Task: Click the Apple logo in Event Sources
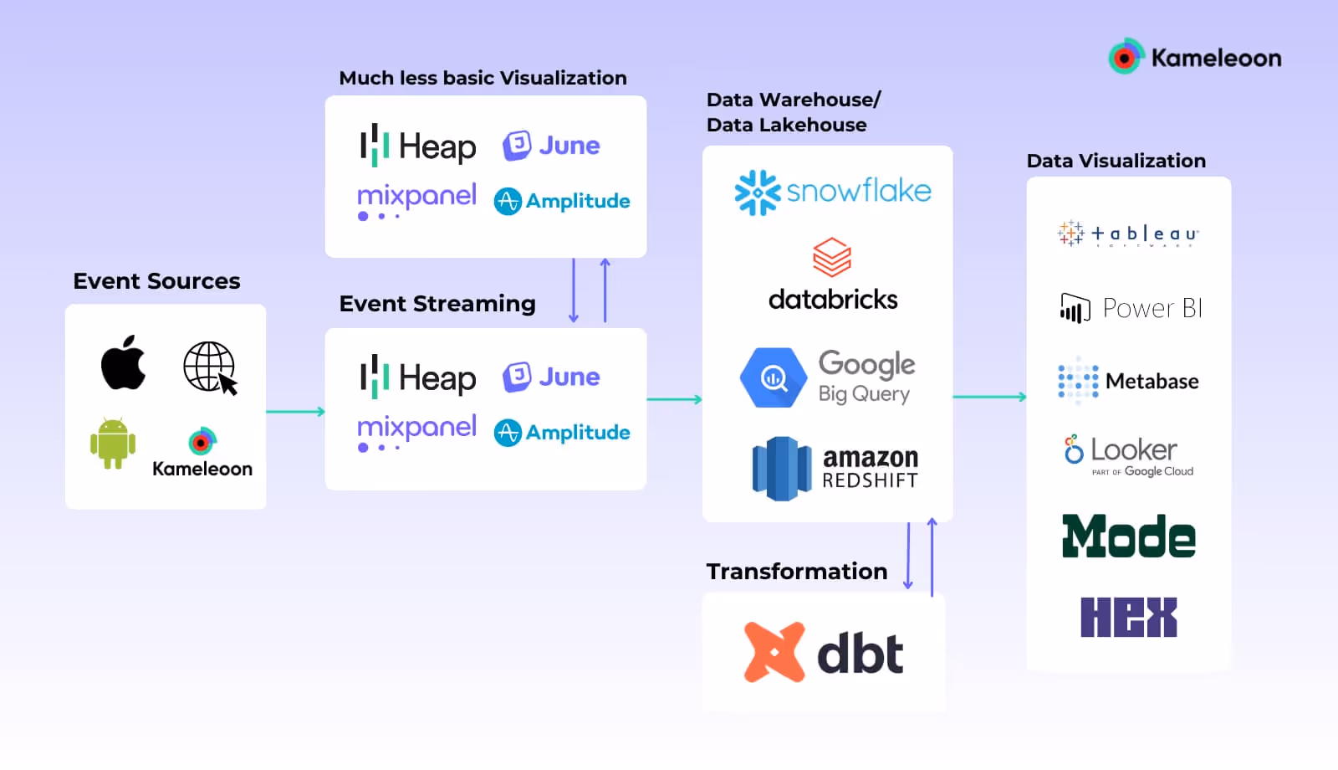click(124, 363)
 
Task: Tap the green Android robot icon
click(113, 443)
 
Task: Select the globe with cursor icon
click(210, 367)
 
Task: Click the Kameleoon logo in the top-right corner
click(1195, 57)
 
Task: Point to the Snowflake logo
click(832, 192)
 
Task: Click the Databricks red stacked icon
click(832, 257)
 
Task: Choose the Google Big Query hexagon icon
click(774, 378)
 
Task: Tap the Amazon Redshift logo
click(835, 469)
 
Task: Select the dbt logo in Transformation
click(824, 652)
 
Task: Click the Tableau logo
click(1128, 234)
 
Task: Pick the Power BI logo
click(1131, 308)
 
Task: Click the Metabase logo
click(1128, 381)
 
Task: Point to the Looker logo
click(1128, 454)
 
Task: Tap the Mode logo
click(1128, 536)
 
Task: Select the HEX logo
click(1128, 617)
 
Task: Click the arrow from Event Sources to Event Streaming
click(295, 412)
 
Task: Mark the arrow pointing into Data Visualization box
click(989, 397)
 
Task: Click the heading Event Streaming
click(437, 304)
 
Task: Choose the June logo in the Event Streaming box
click(551, 377)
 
